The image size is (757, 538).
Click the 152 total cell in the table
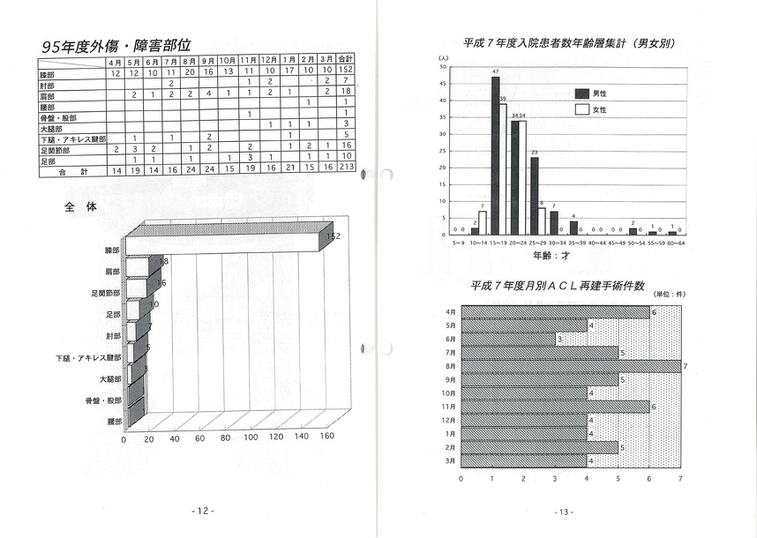(x=347, y=71)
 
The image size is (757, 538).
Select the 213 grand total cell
(x=347, y=168)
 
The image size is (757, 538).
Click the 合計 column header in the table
(x=347, y=61)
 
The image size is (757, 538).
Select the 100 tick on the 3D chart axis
(x=251, y=438)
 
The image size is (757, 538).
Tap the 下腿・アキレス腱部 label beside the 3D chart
(x=88, y=359)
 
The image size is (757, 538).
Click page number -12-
(x=202, y=511)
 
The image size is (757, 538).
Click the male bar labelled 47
(x=495, y=154)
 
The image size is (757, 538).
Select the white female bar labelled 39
(x=503, y=168)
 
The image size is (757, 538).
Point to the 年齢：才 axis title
(x=551, y=255)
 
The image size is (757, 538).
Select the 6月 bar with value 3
(x=508, y=338)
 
